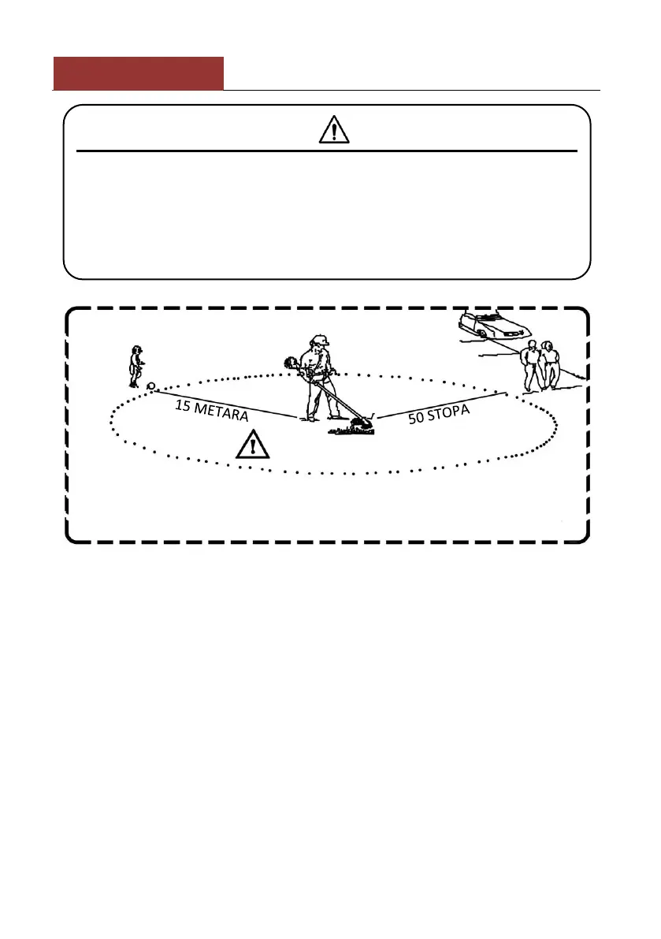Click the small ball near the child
click(x=150, y=386)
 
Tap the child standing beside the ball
click(x=136, y=365)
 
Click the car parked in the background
click(x=493, y=325)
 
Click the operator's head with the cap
click(x=318, y=344)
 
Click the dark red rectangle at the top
click(x=138, y=73)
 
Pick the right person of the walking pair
click(x=551, y=364)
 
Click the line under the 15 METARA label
click(x=228, y=403)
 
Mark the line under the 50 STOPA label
click(x=441, y=404)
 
